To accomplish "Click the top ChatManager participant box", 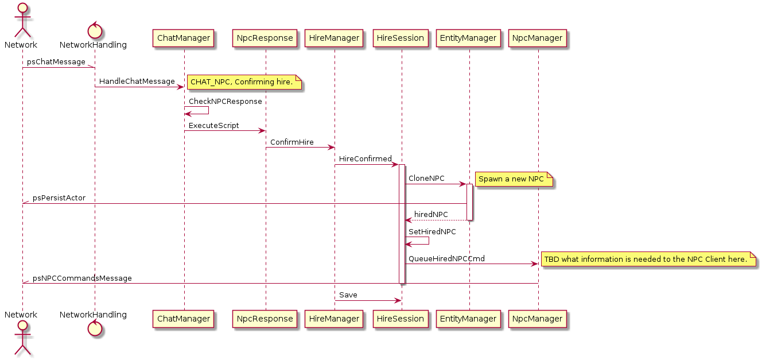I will point(184,38).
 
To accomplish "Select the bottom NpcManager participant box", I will point(538,318).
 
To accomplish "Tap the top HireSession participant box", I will point(401,38).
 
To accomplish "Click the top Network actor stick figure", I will point(21,21).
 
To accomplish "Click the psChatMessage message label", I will point(56,62).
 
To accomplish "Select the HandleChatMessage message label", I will point(137,82).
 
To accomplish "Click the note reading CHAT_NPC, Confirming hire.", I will point(245,83).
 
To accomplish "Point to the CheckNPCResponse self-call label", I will point(226,102).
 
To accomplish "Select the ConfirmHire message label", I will point(292,142).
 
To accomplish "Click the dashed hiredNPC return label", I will point(431,215).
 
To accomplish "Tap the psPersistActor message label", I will point(59,198).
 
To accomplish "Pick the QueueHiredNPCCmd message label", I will point(446,259).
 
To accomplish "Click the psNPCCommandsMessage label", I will point(82,278).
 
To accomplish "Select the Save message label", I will point(348,295).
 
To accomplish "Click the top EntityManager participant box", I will point(468,38).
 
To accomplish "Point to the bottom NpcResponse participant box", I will point(265,318).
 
